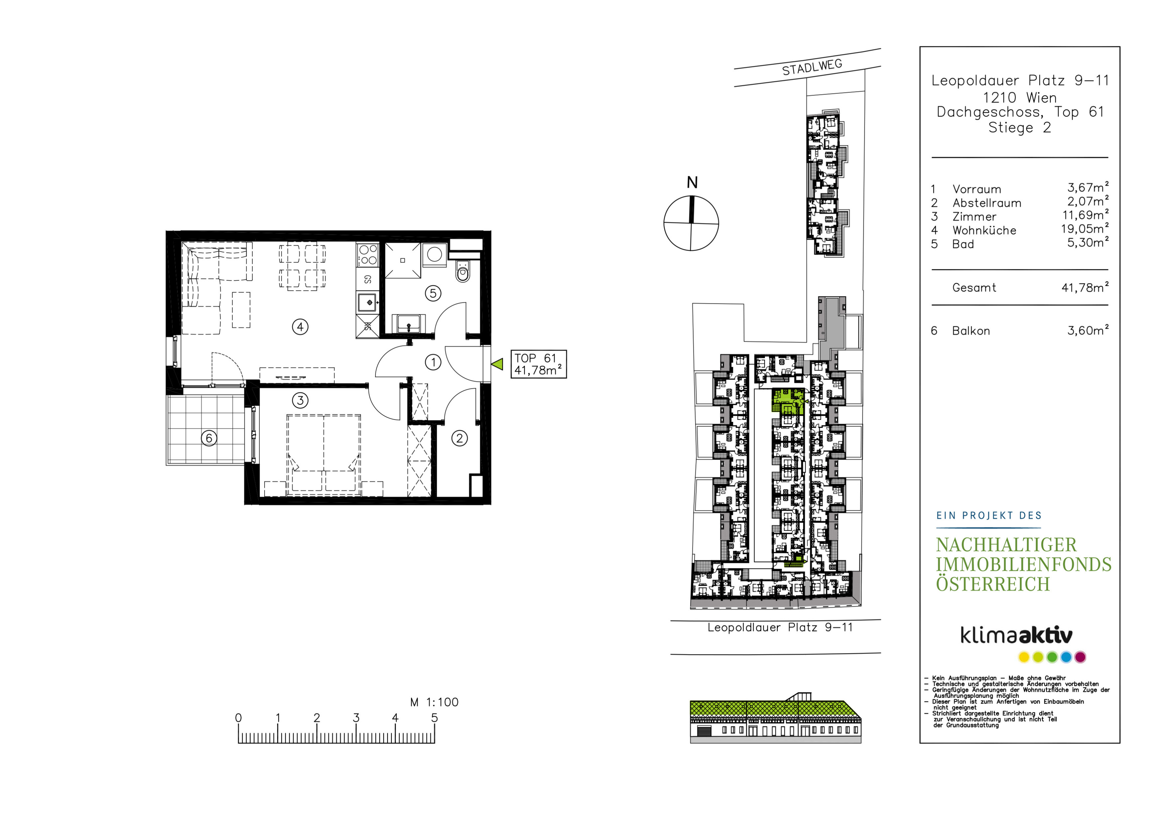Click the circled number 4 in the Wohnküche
point(300,327)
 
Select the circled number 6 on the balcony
point(209,438)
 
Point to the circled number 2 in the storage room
point(460,438)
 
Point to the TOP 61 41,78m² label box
point(538,364)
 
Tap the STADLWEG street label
point(812,67)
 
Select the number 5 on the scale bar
point(434,718)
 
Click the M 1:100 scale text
point(434,702)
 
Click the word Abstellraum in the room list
point(987,203)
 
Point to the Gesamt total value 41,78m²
point(1085,287)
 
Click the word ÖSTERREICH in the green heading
point(993,584)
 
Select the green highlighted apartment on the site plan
point(788,401)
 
